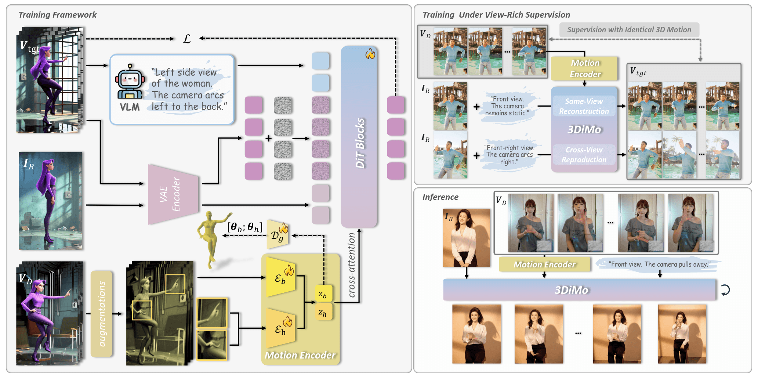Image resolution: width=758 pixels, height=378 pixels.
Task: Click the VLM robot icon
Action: point(129,82)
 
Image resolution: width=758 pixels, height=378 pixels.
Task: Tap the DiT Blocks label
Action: point(360,143)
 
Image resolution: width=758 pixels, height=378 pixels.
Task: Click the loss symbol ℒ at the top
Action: point(187,39)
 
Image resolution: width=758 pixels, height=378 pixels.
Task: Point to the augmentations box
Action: point(102,314)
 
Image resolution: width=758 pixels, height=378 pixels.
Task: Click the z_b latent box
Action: point(323,294)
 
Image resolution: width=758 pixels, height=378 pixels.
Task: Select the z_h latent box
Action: point(323,312)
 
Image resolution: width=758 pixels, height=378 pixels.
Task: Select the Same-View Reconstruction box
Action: point(584,106)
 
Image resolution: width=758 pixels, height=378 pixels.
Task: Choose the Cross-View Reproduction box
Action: point(584,155)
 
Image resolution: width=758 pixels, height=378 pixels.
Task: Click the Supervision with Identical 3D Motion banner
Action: point(629,30)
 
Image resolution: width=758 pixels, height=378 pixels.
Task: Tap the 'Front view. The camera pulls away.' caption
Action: point(659,264)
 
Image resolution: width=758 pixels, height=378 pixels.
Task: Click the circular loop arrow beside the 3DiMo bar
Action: point(725,290)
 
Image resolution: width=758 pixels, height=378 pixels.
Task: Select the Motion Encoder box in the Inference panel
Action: point(544,264)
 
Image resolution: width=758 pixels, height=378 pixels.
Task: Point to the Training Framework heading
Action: point(58,15)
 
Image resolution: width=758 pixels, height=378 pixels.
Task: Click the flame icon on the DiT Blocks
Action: point(370,54)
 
